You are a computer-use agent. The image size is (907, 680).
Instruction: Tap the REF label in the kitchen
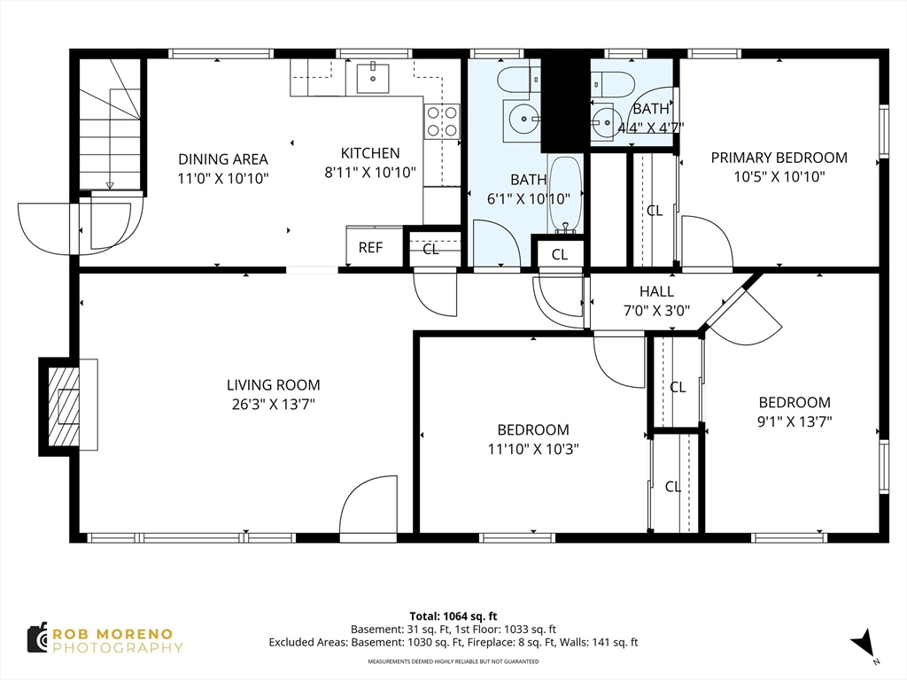pos(370,248)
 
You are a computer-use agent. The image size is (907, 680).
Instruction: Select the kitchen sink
pos(373,77)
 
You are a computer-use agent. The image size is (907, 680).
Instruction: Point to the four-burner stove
pos(442,122)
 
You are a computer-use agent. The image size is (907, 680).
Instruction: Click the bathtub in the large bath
pos(564,195)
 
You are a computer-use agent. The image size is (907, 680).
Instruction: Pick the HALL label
pos(656,291)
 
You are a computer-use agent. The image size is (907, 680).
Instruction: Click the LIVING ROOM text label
pos(273,385)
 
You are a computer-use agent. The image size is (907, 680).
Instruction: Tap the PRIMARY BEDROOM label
pos(779,158)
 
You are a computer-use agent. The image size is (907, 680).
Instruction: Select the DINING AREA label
pos(222,159)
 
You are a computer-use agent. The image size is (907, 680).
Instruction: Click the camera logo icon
pos(37,638)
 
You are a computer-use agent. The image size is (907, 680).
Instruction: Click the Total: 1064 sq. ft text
pos(453,616)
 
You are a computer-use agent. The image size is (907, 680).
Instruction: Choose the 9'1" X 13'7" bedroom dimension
pos(795,421)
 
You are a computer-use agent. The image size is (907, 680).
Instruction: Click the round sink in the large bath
pos(524,120)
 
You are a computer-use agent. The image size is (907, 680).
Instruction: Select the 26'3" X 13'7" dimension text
pos(273,404)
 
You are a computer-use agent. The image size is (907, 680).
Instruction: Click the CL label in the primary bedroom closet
pos(655,211)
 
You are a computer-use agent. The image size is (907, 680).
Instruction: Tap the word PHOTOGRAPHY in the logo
pos(118,647)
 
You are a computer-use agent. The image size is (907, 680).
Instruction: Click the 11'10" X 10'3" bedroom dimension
pos(533,449)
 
